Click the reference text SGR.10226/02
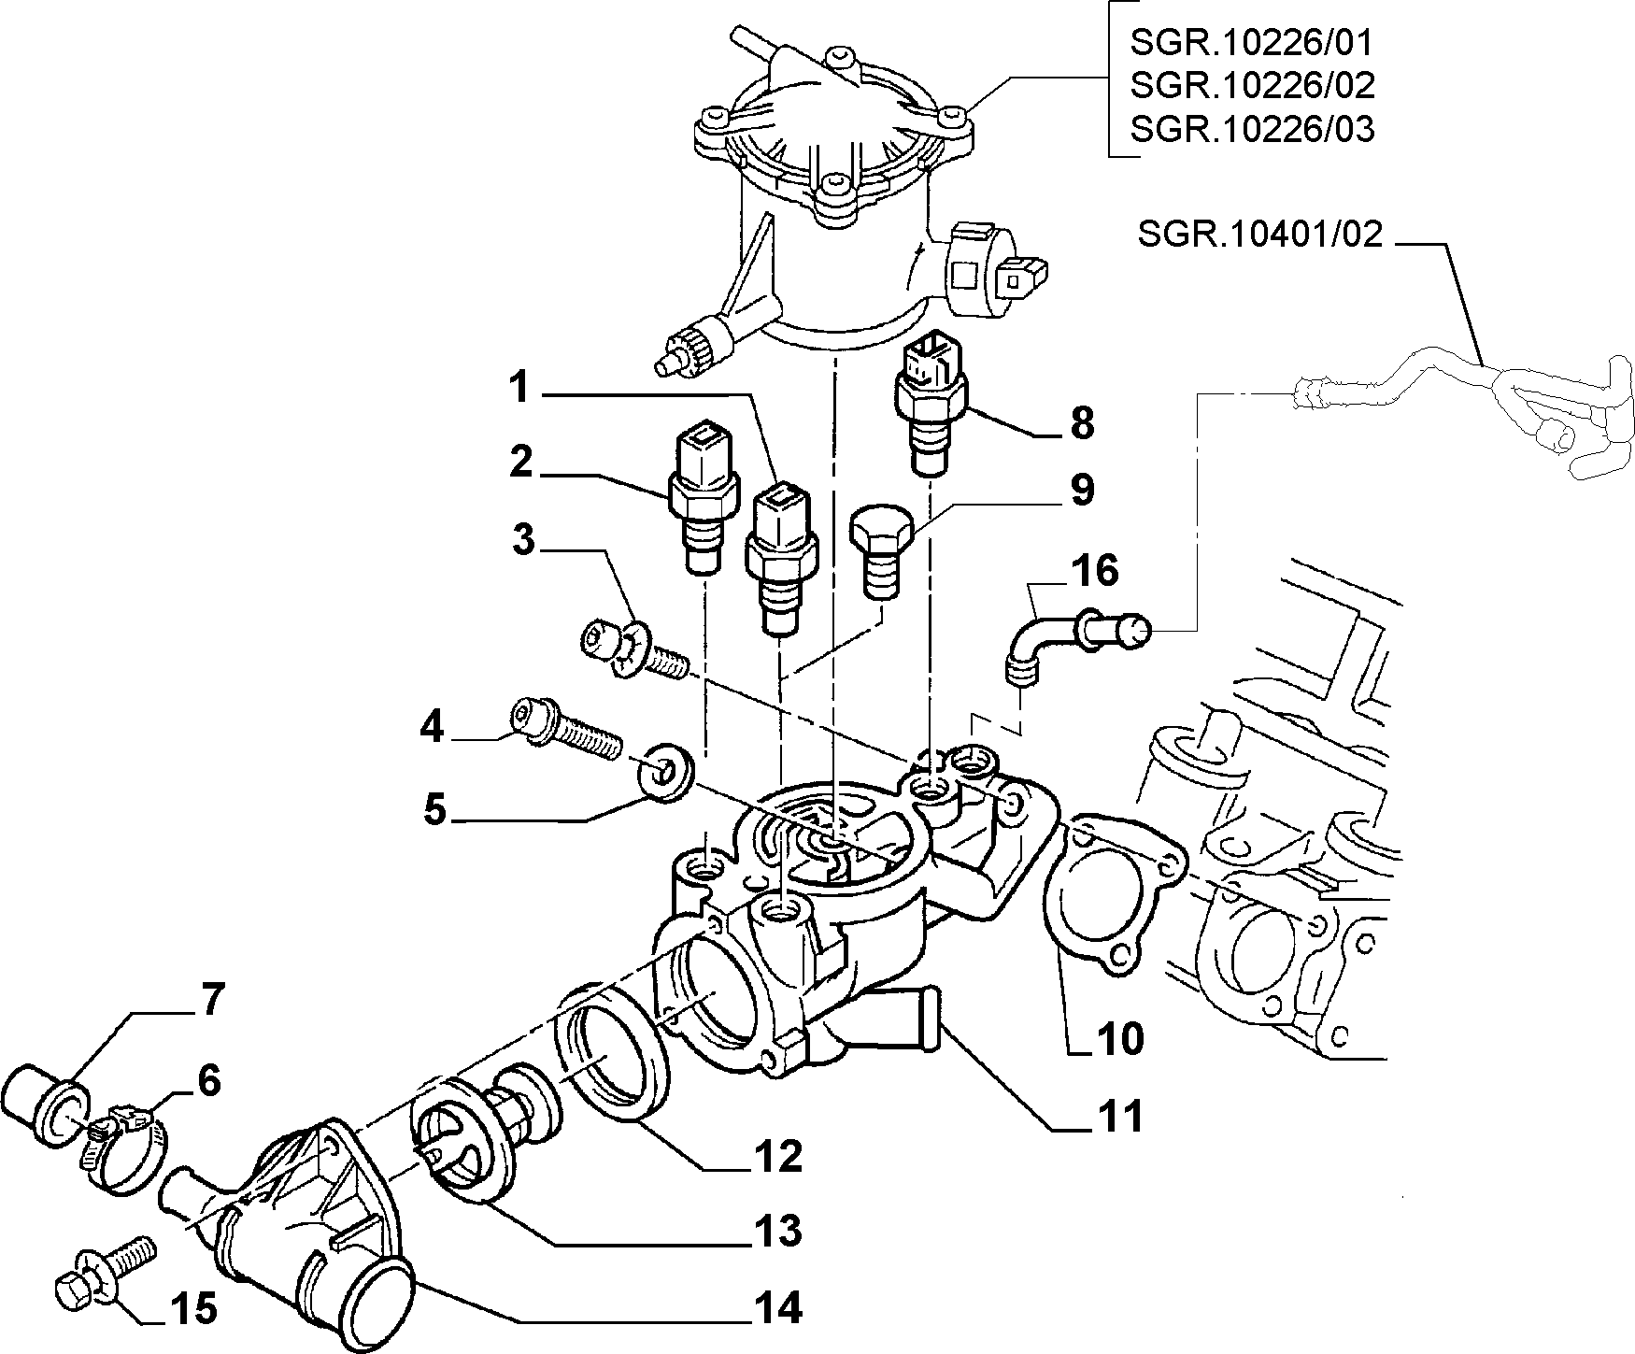point(1252,85)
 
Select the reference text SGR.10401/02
point(1259,234)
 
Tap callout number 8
point(1081,423)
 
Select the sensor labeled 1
point(781,558)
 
